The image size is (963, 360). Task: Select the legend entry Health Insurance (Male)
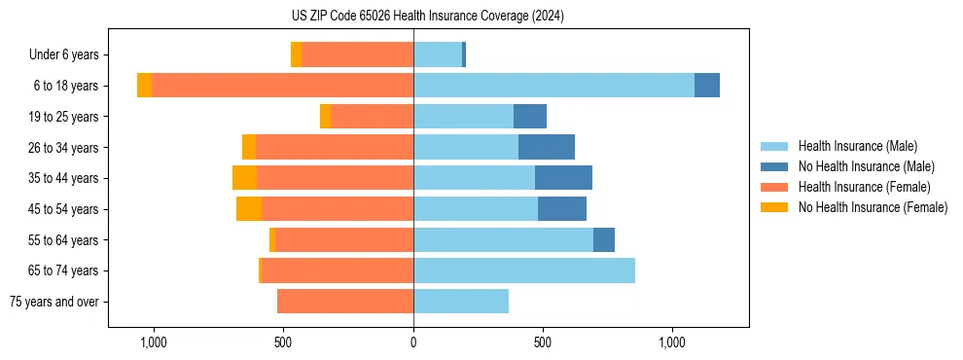coord(857,146)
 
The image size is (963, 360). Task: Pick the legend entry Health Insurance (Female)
coord(864,187)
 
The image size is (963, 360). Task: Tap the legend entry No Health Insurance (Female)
coord(873,207)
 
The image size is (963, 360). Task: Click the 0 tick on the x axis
coord(413,342)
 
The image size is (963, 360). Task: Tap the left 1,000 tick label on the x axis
coord(154,342)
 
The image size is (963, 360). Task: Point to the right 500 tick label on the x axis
coord(543,342)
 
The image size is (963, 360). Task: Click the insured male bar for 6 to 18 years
coord(553,86)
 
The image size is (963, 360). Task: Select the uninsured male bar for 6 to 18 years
coord(707,86)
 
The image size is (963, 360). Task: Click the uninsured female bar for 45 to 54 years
coord(249,209)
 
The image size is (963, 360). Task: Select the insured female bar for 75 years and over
coord(345,302)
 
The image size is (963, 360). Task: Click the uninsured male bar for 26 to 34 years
coord(547,148)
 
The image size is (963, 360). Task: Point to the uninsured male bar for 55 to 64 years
coord(604,240)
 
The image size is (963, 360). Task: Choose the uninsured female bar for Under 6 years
coord(296,55)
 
